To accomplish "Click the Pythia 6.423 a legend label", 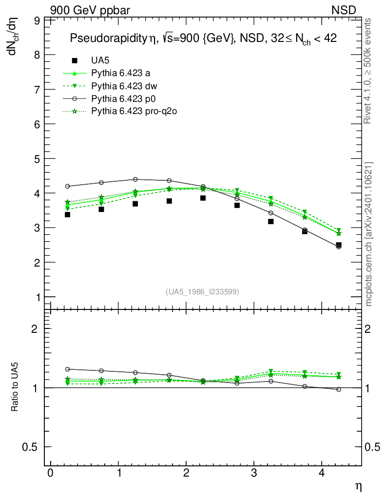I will (121, 74).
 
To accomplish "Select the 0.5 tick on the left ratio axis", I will (32, 447).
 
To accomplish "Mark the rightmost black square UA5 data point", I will (339, 245).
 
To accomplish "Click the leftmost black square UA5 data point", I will (67, 214).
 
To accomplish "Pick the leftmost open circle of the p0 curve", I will (67, 186).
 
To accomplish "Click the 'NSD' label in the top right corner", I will (344, 10).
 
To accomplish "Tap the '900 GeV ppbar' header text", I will (90, 10).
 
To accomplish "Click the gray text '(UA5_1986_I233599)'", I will (203, 292).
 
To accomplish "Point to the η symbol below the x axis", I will (358, 486).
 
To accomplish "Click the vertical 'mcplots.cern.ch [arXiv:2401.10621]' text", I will (369, 234).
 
